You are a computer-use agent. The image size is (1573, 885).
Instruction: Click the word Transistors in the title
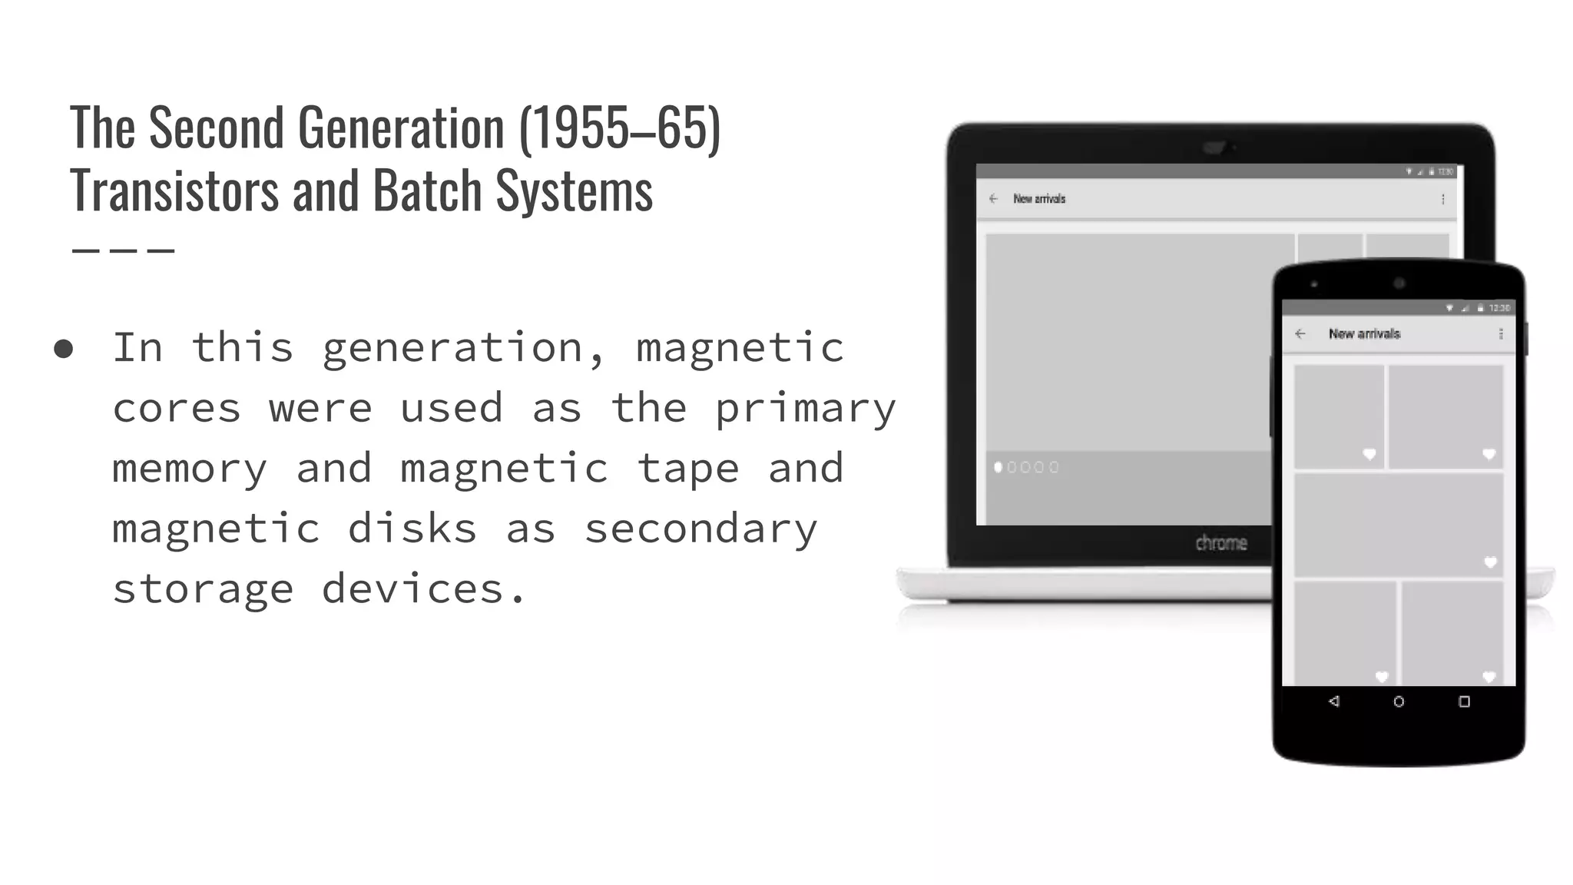coord(174,191)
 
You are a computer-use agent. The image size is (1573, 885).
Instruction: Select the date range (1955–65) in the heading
coord(620,128)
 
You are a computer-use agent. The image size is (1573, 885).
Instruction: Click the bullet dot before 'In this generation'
coord(64,350)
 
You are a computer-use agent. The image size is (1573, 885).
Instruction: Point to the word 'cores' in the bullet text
coord(177,409)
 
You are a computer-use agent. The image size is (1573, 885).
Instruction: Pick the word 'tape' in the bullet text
coord(687,469)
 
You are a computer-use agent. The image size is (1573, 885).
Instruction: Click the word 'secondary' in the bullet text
coord(700,529)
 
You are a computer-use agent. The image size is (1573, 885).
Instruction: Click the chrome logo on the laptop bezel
coord(1220,543)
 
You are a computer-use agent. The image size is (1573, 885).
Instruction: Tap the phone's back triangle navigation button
coord(1334,701)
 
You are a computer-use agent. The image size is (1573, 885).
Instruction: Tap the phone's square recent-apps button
coord(1464,701)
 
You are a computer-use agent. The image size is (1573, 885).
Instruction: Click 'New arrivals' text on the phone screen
coord(1364,333)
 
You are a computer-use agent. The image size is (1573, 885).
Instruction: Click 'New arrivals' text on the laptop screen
coord(1039,199)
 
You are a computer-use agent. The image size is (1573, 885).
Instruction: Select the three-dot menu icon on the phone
coord(1501,333)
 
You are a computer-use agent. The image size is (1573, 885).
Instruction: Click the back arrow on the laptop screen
coord(993,199)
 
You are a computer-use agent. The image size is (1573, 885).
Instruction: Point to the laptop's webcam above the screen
coord(1214,147)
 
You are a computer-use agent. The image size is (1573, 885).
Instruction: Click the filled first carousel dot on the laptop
coord(998,467)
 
